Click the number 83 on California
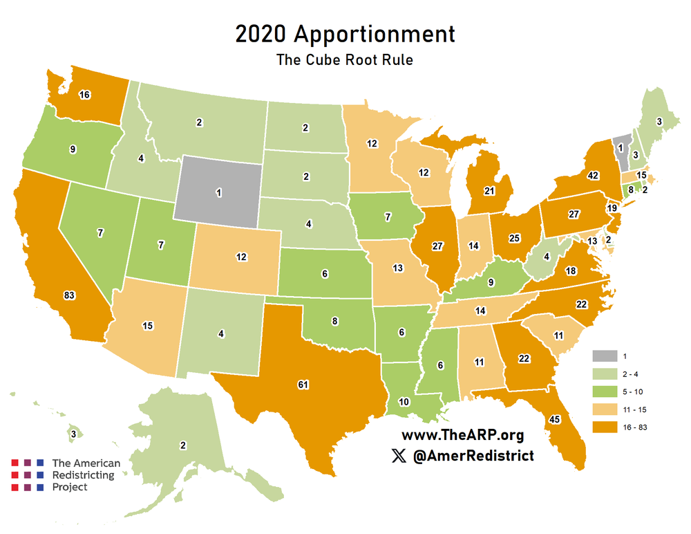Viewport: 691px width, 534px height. [x=68, y=295]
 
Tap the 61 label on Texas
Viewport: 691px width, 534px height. [x=303, y=384]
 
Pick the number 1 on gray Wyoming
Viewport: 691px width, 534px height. [x=219, y=193]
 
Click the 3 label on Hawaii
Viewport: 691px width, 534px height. [x=73, y=434]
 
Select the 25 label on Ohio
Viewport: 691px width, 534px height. [x=514, y=239]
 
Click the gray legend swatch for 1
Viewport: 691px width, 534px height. [x=603, y=356]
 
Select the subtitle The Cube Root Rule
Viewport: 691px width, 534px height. [x=345, y=59]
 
